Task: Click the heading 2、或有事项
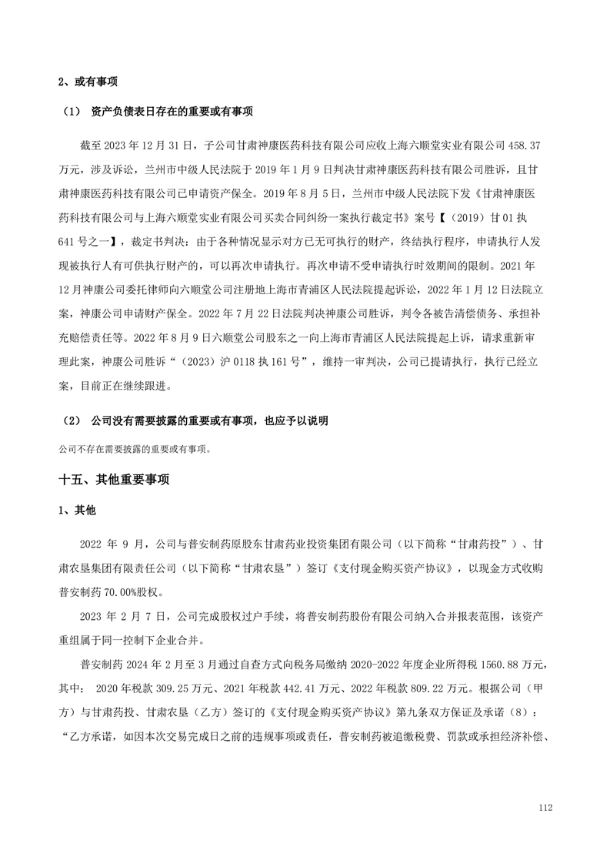pyautogui.click(x=88, y=82)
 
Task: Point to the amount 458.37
pyautogui.click(x=527, y=144)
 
